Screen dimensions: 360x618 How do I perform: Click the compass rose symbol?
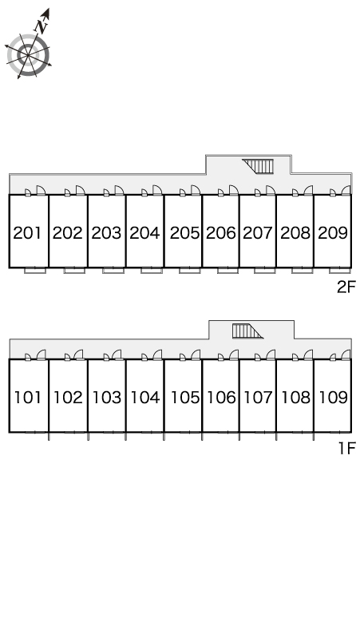point(29,55)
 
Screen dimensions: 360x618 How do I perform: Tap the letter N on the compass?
point(42,26)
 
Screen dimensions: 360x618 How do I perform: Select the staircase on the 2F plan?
point(258,166)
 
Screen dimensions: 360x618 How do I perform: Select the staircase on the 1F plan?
point(247,331)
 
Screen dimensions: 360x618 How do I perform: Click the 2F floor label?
point(346,287)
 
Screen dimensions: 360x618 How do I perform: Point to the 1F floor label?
point(347,448)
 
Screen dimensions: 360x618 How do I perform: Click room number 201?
point(28,233)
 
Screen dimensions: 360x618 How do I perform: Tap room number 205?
point(184,233)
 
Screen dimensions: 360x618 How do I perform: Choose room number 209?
point(333,233)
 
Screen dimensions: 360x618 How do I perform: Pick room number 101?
point(28,398)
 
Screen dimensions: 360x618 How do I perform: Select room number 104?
point(145,398)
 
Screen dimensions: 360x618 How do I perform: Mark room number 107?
point(258,398)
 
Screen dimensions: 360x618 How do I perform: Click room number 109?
point(333,398)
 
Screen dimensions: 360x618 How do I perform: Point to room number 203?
point(106,233)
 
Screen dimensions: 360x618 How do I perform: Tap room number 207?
point(258,233)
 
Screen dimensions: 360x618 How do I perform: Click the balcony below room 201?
point(35,271)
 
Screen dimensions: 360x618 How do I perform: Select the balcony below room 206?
point(227,271)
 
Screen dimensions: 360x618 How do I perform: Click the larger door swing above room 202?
point(81,190)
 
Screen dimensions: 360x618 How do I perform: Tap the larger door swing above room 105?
point(196,355)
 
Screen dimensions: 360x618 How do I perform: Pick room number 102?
point(68,398)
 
